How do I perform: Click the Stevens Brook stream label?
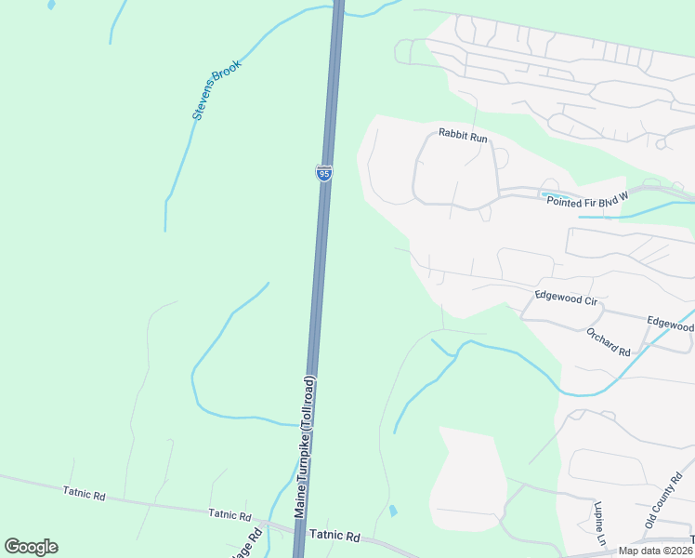(216, 90)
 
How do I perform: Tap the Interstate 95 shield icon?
(323, 173)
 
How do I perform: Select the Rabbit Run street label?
(464, 138)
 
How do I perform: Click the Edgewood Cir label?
(565, 299)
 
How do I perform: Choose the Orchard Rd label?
(609, 342)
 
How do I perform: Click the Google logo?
(31, 547)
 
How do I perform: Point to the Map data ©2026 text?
(655, 551)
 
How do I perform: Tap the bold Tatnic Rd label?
(334, 536)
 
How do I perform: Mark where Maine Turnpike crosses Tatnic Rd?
(300, 533)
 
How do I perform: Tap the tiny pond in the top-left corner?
(49, 5)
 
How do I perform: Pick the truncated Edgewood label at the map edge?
(671, 324)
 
